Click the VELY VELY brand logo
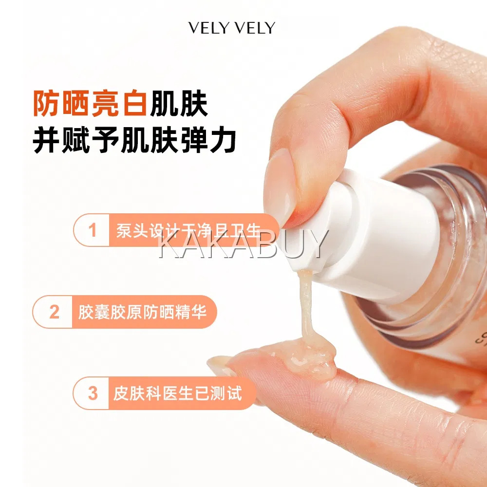[x=232, y=28]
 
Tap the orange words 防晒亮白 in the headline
[x=90, y=103]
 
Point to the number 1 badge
[x=92, y=230]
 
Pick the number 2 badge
[x=54, y=312]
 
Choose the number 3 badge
[x=92, y=393]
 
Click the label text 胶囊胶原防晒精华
[x=142, y=312]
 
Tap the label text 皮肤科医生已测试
[x=177, y=393]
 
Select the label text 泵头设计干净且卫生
[x=188, y=230]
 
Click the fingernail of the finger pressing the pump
[x=279, y=187]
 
